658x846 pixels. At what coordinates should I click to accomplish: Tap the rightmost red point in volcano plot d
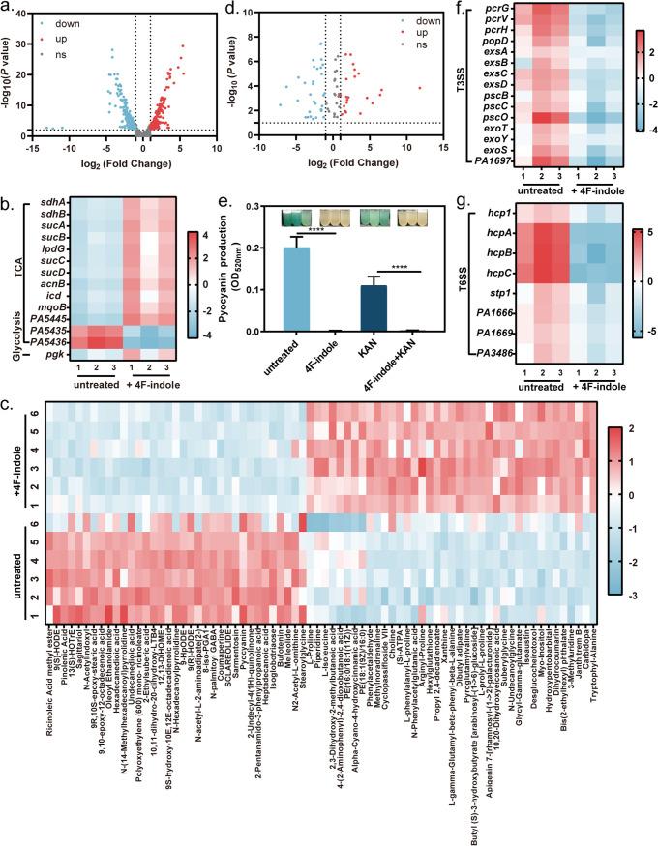(420, 88)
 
